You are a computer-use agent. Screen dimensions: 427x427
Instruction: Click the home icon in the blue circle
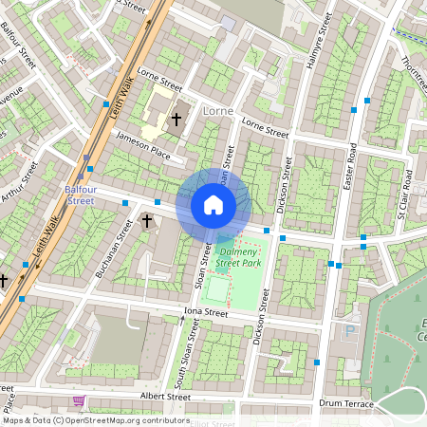(213, 204)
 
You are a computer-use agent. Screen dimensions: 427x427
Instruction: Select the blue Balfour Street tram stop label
(80, 195)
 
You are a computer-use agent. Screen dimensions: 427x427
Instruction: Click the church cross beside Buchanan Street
(147, 221)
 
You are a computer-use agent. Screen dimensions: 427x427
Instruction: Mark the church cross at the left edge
(5, 281)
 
